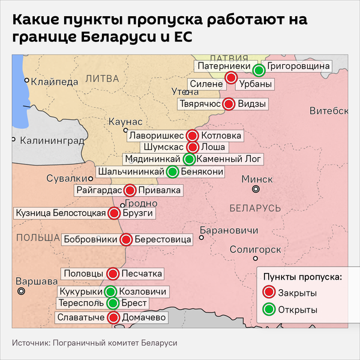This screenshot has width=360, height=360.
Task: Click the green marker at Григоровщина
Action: tap(259, 70)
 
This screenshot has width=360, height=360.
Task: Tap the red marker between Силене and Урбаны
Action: tap(231, 77)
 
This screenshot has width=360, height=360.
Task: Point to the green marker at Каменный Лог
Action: tap(190, 159)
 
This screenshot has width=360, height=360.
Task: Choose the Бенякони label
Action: tap(203, 172)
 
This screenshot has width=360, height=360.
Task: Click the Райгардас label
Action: tap(99, 191)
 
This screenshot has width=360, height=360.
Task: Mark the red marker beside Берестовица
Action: tap(126, 240)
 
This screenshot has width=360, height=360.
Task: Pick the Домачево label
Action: tap(143, 317)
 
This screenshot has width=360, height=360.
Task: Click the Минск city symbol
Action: tap(256, 189)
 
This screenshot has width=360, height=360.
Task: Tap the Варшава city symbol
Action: tap(22, 291)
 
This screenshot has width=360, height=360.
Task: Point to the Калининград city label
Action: tap(52, 141)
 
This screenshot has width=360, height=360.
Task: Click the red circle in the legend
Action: tap(269, 292)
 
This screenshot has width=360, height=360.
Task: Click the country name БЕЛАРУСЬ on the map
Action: tap(255, 208)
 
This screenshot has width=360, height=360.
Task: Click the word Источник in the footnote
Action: tap(29, 343)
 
